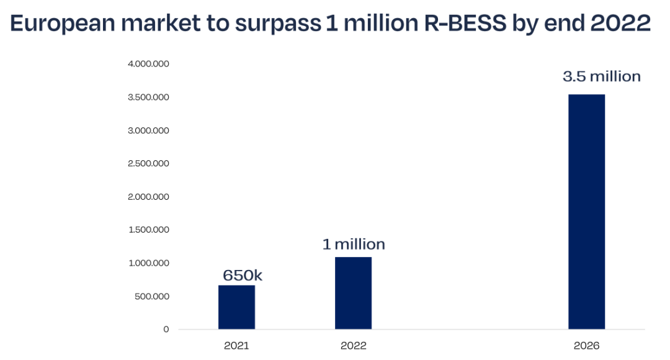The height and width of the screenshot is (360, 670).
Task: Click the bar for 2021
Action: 236,307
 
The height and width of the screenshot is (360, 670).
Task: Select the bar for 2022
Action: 353,293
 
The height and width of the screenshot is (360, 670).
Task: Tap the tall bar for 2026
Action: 586,211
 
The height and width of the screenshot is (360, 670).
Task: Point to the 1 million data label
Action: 354,245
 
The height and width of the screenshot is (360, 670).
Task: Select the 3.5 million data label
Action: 601,77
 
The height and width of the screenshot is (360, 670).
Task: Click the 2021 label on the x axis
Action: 236,346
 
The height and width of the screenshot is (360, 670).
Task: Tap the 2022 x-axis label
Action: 353,346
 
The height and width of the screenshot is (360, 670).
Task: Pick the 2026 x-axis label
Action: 586,346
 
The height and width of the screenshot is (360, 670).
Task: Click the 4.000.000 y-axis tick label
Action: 148,64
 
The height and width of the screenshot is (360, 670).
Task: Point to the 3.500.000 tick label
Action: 148,97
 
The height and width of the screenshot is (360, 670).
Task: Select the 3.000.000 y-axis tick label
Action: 148,130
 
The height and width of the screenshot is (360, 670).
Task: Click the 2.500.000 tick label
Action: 148,164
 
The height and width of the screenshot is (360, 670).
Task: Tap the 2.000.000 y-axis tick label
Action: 148,197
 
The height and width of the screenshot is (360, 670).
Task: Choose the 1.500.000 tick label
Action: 148,230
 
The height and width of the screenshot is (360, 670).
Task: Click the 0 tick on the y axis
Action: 166,329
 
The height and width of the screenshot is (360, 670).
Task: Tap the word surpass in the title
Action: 276,24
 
